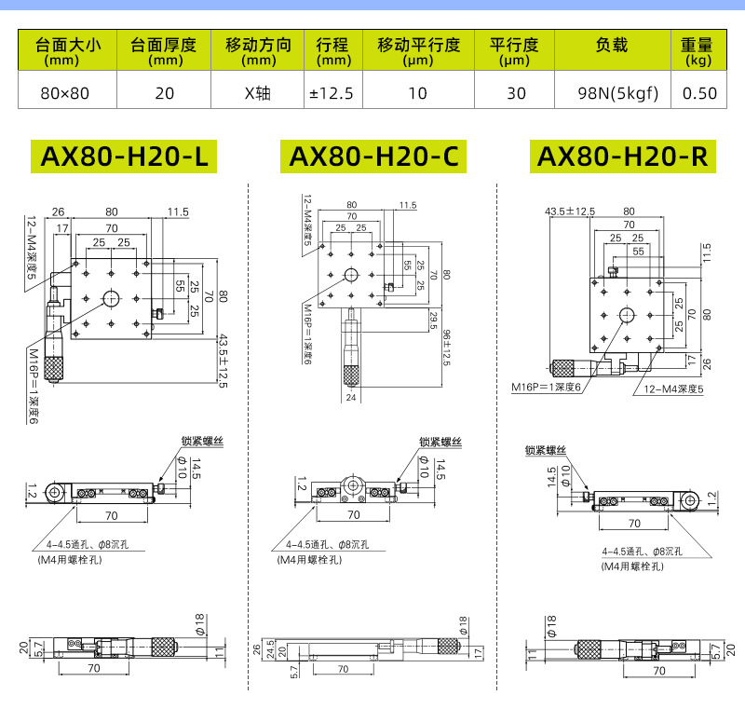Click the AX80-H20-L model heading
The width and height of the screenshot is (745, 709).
(x=123, y=157)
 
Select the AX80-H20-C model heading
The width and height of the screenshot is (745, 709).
(x=372, y=157)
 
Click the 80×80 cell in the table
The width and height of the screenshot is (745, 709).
(x=65, y=92)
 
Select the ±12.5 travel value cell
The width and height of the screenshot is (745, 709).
(x=332, y=92)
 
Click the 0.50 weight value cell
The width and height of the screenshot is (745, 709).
(x=699, y=92)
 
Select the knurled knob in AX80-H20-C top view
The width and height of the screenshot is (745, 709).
(x=352, y=375)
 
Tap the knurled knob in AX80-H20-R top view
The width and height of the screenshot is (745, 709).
(x=567, y=366)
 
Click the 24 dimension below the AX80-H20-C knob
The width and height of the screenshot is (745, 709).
(x=351, y=397)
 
